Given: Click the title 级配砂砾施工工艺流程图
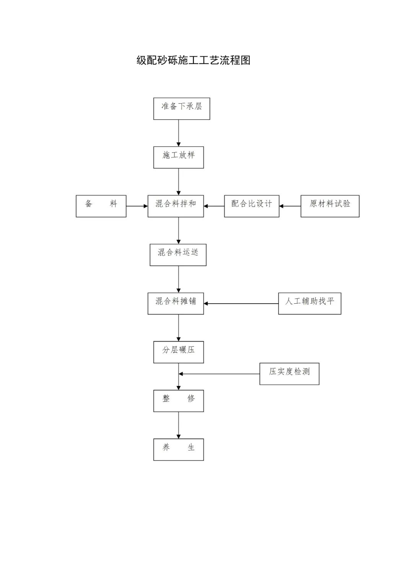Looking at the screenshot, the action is pyautogui.click(x=193, y=60).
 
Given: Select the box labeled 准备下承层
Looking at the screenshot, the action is pyautogui.click(x=182, y=109).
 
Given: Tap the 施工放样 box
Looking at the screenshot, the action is pyautogui.click(x=178, y=157).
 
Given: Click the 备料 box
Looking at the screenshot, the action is pyautogui.click(x=101, y=206).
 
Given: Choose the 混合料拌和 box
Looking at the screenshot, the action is pyautogui.click(x=176, y=206).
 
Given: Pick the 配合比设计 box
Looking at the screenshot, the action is pyautogui.click(x=252, y=206).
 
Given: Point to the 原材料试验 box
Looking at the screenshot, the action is pyautogui.click(x=330, y=206).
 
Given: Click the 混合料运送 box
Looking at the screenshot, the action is pyautogui.click(x=178, y=255).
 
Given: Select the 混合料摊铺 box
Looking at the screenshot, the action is pyautogui.click(x=176, y=303).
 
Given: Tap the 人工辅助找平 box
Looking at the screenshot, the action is pyautogui.click(x=309, y=303).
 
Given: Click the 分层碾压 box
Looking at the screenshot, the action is pyautogui.click(x=178, y=352).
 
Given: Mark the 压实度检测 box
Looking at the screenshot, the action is pyautogui.click(x=289, y=374).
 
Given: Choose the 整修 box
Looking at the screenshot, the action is pyautogui.click(x=178, y=401).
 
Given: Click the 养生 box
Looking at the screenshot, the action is pyautogui.click(x=178, y=449).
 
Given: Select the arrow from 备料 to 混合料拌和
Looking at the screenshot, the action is pyautogui.click(x=137, y=206).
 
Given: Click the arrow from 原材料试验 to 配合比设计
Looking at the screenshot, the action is pyautogui.click(x=290, y=206).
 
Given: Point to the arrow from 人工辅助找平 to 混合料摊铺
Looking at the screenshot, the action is pyautogui.click(x=241, y=303).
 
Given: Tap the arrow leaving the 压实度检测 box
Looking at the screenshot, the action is pyautogui.click(x=219, y=374).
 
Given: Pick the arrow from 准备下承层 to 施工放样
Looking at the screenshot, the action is pyautogui.click(x=179, y=133).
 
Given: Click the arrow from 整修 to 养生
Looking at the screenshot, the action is pyautogui.click(x=179, y=425).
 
